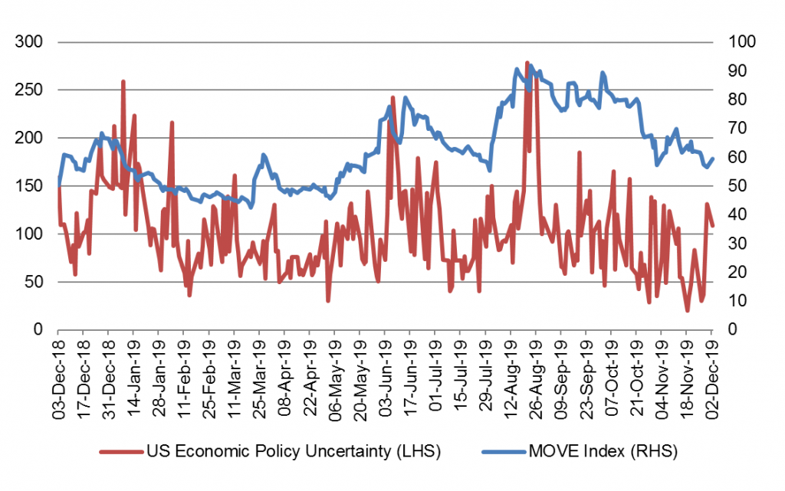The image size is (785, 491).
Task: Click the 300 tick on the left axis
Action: tap(34, 41)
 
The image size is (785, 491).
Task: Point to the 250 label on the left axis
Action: tap(34, 90)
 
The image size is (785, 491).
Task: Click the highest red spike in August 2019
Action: tap(527, 62)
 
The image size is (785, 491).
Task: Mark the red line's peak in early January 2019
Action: tap(123, 81)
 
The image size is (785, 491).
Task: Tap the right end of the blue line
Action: tap(713, 159)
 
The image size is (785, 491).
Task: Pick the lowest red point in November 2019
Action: tap(687, 310)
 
